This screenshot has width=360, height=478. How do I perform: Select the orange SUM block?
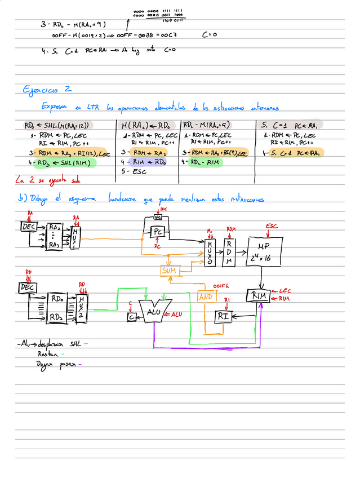[169, 271]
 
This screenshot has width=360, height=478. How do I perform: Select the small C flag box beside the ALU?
[131, 317]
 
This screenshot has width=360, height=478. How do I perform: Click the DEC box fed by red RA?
[28, 227]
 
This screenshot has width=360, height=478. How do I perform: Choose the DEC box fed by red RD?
[27, 288]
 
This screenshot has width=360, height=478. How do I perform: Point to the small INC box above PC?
[158, 217]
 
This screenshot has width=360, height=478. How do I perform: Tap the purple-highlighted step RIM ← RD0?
[148, 162]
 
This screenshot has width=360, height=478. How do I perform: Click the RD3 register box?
[57, 316]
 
